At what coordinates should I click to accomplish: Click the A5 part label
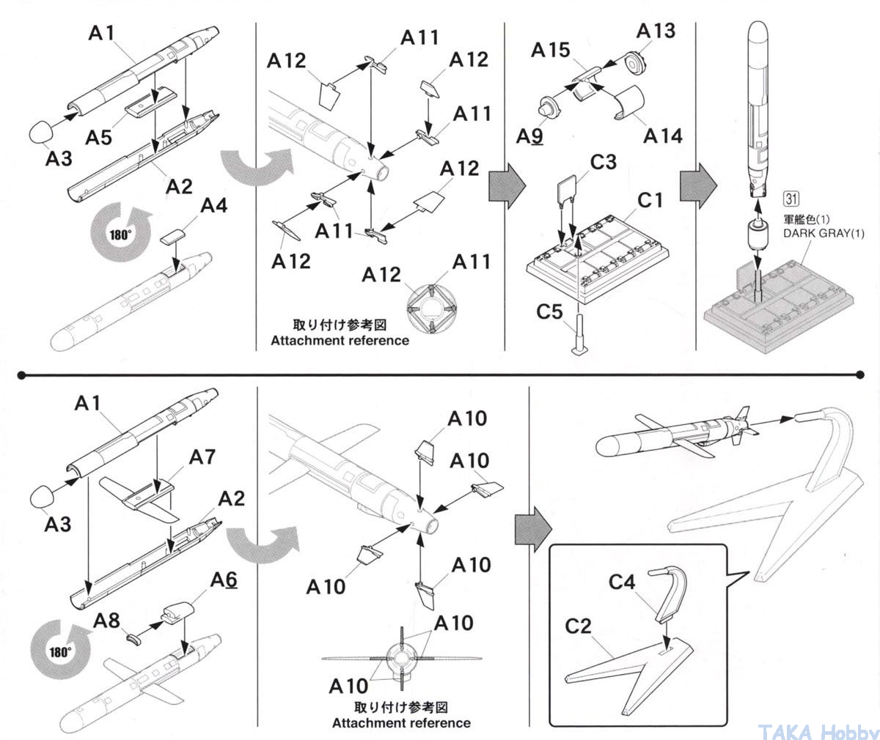tap(101, 136)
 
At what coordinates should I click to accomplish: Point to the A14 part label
tap(663, 136)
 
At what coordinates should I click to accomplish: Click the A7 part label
tap(203, 458)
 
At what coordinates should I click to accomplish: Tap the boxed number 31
tap(791, 198)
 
